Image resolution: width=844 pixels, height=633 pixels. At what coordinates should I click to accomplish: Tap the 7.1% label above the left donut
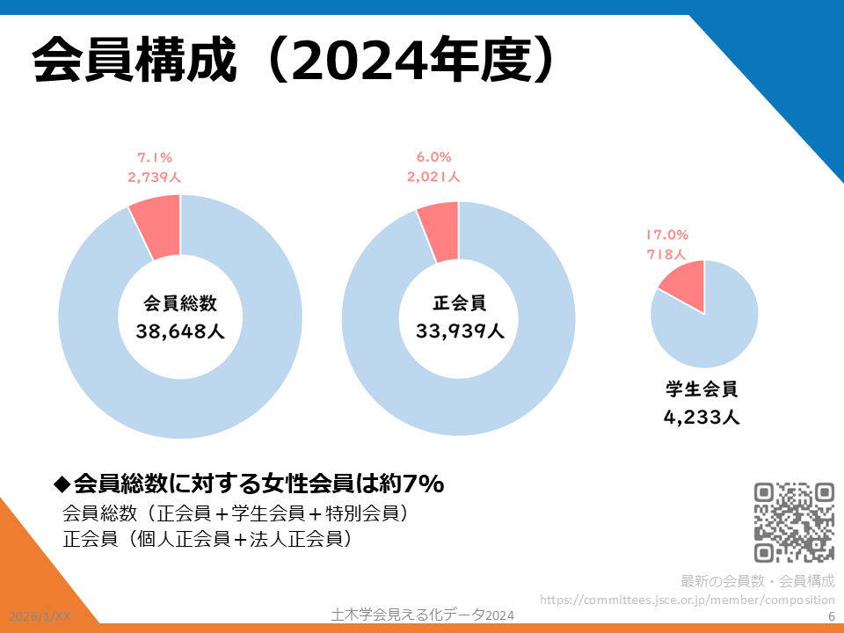154,158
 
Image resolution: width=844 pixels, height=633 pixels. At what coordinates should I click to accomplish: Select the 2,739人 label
154,177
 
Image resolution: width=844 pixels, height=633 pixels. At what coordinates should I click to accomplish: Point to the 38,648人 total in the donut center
180,331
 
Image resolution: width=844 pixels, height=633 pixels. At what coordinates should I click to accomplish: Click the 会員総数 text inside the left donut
180,304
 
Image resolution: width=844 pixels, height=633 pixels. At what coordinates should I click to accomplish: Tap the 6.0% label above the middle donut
433,158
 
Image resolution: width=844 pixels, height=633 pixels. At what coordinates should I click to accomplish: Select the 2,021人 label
433,177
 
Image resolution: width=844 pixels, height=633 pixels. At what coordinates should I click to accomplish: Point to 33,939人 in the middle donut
460,331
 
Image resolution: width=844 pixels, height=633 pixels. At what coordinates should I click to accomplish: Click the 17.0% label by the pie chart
667,236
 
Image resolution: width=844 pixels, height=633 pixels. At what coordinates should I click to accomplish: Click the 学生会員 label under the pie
702,389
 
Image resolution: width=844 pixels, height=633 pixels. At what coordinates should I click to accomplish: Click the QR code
795,522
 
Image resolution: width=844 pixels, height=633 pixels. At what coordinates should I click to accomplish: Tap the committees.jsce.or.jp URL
687,600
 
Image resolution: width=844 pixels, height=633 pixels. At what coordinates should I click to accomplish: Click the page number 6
832,617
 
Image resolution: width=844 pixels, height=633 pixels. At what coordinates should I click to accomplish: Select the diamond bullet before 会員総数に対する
62,484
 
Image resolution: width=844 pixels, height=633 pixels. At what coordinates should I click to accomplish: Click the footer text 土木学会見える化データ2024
421,615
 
